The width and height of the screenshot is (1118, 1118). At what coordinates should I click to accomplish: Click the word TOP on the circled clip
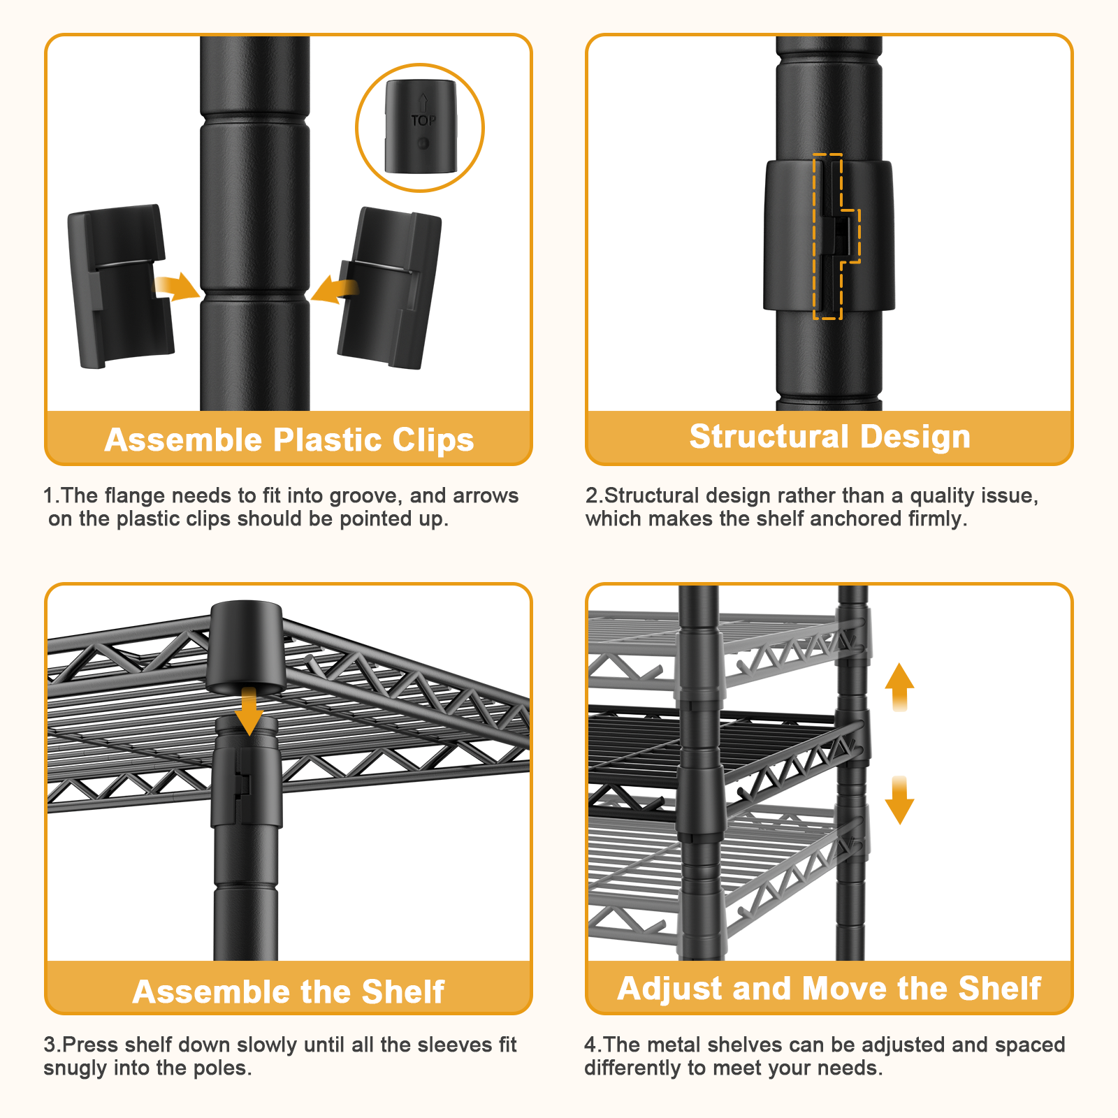pyautogui.click(x=423, y=121)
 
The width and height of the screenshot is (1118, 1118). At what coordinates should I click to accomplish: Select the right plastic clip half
pyautogui.click(x=389, y=288)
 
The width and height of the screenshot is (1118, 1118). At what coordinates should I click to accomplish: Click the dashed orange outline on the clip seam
pyautogui.click(x=836, y=236)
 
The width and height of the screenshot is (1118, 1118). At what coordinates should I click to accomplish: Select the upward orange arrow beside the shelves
pyautogui.click(x=899, y=687)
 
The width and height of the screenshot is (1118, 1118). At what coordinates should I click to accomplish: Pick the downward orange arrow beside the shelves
pyautogui.click(x=899, y=800)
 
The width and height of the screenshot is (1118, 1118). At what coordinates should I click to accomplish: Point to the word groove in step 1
pyautogui.click(x=365, y=496)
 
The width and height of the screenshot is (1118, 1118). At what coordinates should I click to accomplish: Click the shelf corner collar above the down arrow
pyautogui.click(x=245, y=646)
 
